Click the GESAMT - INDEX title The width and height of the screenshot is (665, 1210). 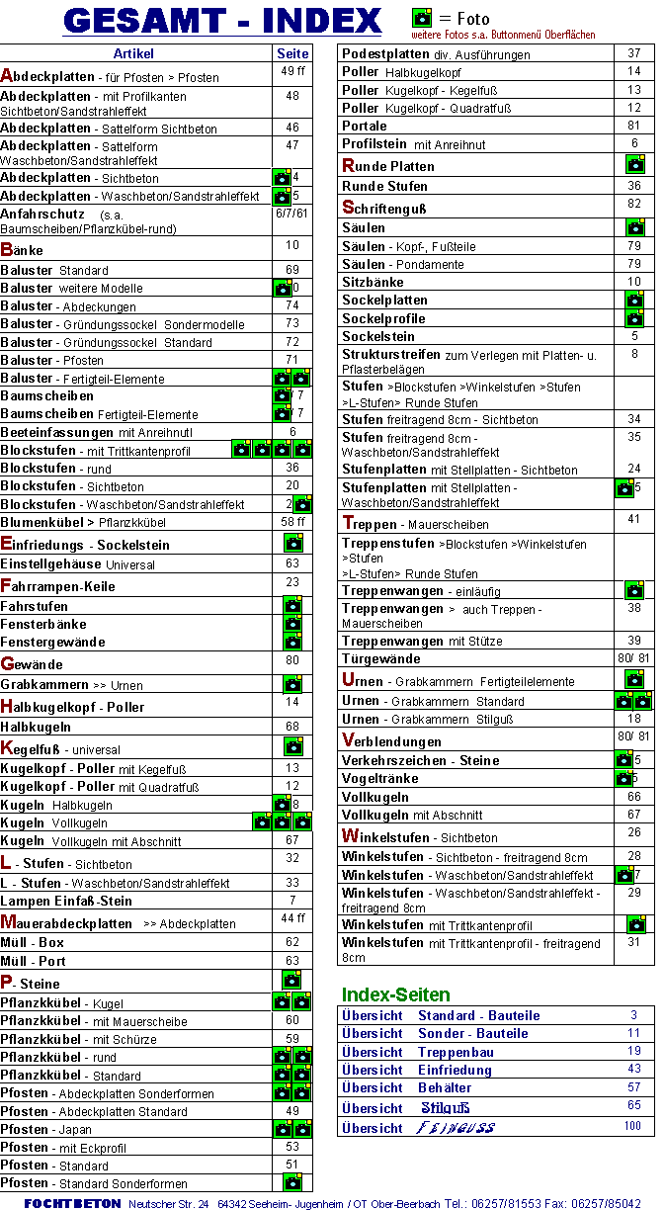click(222, 20)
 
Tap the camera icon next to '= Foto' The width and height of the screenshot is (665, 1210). click(422, 17)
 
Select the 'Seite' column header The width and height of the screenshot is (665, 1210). click(292, 53)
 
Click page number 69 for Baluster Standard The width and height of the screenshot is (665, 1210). click(292, 269)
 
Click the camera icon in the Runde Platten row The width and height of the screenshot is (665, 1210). click(634, 164)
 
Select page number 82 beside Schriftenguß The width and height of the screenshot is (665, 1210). click(634, 203)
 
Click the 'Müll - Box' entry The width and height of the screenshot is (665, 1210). click(33, 942)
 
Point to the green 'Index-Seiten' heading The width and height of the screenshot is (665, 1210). click(395, 994)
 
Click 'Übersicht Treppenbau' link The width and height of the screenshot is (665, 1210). click(418, 1052)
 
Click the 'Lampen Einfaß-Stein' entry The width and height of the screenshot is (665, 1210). click(66, 901)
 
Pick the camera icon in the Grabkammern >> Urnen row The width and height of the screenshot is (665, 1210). click(292, 684)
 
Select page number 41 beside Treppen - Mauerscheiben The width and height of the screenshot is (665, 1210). click(634, 519)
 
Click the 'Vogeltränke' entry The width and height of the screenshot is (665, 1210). click(380, 778)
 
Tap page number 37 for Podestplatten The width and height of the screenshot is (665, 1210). click(634, 53)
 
